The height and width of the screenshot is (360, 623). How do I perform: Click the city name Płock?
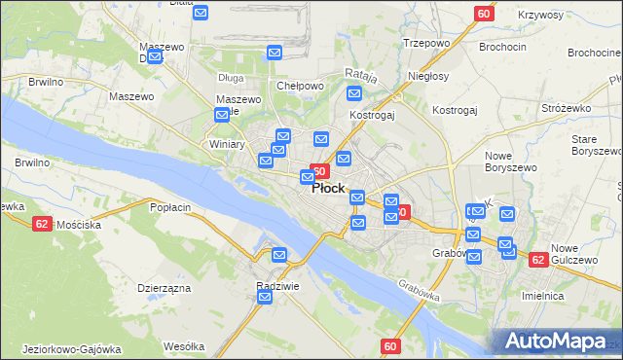(328, 189)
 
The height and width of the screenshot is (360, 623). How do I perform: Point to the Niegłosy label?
(428, 76)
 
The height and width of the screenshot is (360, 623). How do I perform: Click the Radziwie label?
(276, 286)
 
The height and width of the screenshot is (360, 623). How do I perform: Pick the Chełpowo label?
(300, 86)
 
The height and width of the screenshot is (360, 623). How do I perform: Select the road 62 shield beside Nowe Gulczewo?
(537, 260)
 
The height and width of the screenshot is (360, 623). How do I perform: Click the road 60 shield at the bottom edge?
(390, 346)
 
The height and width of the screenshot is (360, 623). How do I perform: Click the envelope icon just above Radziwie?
(279, 256)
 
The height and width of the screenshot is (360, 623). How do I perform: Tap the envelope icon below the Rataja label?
(354, 94)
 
